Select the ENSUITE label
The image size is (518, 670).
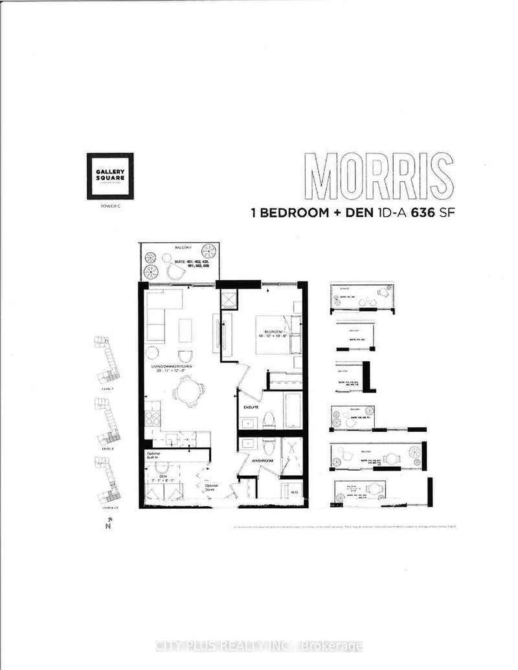coord(252,408)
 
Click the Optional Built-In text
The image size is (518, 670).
coord(154,454)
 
